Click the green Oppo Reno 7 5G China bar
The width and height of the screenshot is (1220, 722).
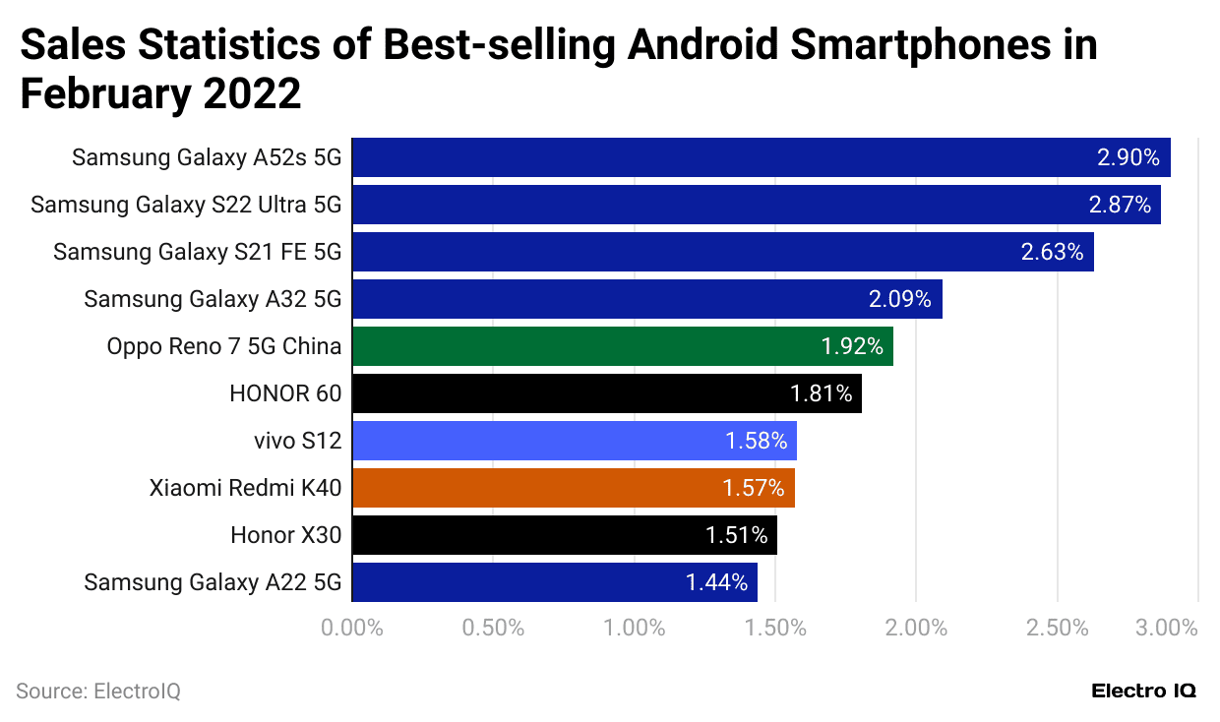coord(622,346)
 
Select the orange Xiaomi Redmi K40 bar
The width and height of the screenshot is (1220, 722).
coord(573,488)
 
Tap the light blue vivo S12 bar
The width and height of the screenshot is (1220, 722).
coord(574,441)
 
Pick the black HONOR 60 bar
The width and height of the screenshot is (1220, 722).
coord(606,393)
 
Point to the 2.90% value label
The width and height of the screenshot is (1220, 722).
coord(1128,157)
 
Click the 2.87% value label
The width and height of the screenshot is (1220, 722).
coord(1120,205)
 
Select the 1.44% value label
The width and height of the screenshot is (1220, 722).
coord(716,582)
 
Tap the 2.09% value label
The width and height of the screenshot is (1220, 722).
coord(899,299)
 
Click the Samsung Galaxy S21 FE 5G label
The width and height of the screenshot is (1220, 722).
coord(197,252)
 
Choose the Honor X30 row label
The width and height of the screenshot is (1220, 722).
coord(285,535)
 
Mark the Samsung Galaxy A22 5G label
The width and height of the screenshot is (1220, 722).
coord(213,582)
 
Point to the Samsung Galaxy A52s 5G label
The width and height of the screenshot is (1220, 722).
coord(207,157)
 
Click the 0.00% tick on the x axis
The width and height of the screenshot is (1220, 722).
coord(352,628)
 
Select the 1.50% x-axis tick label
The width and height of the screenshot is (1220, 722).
coord(774,628)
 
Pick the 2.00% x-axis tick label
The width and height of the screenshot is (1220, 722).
coord(915,628)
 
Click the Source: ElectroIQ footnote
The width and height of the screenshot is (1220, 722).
coord(98,692)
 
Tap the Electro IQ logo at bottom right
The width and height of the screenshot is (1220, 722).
coord(1143,692)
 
